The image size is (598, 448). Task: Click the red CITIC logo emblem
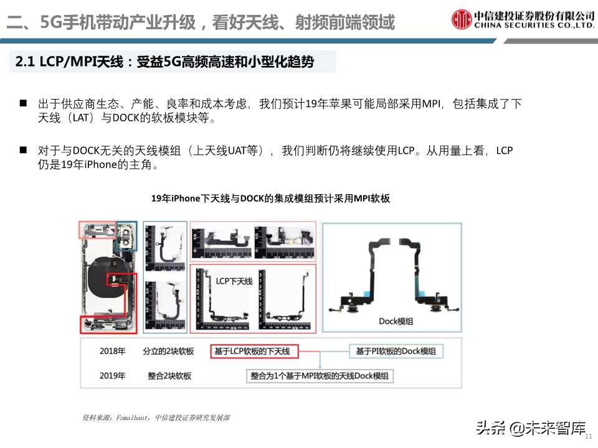(x=462, y=19)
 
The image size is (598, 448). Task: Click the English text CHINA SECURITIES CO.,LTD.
(x=534, y=26)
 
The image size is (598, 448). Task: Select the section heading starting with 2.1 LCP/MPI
(x=165, y=62)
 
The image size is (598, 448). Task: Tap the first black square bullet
(x=23, y=103)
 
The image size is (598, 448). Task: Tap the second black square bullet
(x=23, y=150)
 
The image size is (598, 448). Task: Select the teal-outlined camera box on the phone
(x=126, y=235)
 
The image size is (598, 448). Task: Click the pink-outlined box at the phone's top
(x=97, y=230)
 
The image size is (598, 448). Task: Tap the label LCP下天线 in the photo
(x=234, y=281)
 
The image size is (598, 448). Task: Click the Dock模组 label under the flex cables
(x=396, y=321)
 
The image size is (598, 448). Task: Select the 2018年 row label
(x=112, y=352)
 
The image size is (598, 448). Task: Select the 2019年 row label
(x=112, y=376)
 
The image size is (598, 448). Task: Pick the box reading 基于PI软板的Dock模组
(x=396, y=352)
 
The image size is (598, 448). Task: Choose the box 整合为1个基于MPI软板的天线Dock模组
(x=319, y=376)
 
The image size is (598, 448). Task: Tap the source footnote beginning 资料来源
(x=156, y=418)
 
